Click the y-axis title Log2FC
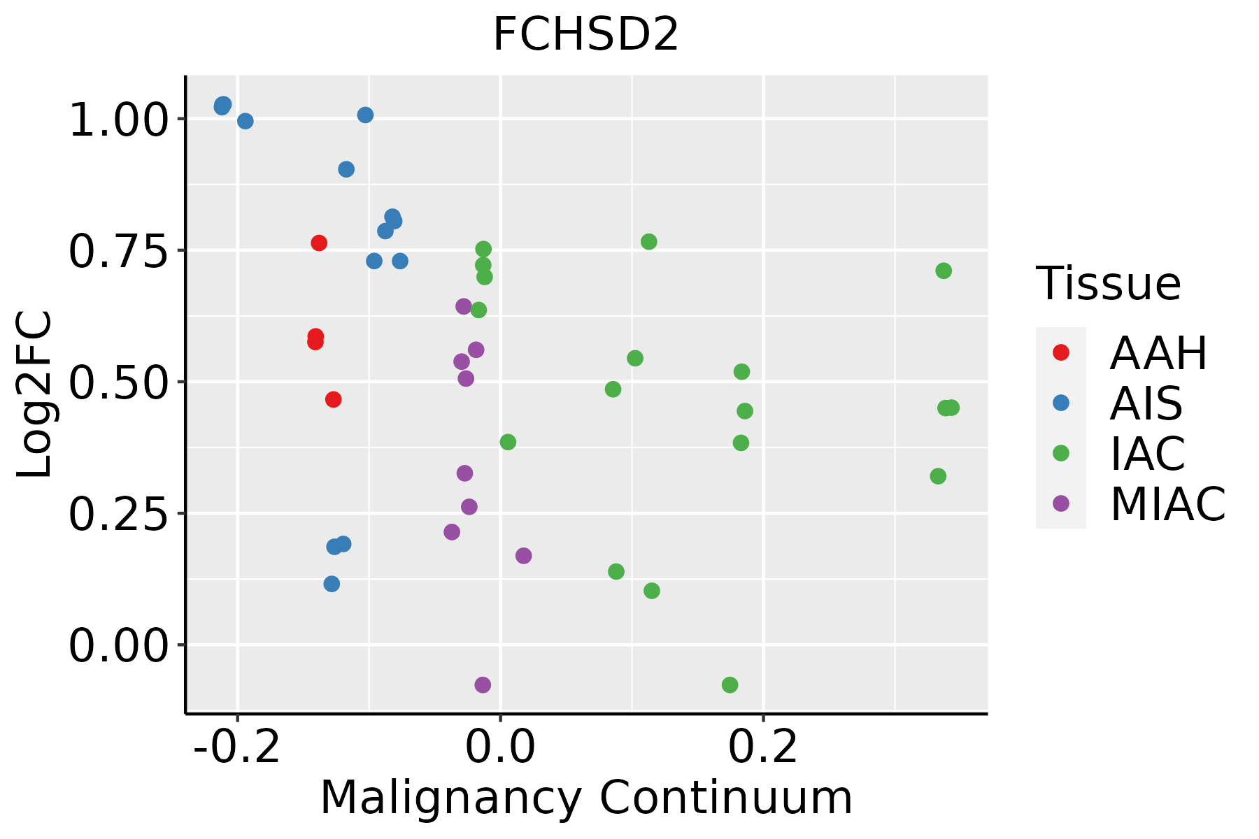[35, 395]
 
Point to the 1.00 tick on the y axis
[118, 120]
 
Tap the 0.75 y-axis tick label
[118, 252]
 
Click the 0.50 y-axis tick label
[118, 382]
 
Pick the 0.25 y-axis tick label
[118, 514]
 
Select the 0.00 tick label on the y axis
[118, 645]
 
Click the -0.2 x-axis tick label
[238, 747]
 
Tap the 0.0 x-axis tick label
[500, 747]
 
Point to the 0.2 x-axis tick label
[763, 747]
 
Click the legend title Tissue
[1109, 284]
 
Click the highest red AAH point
[319, 243]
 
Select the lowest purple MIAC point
[483, 684]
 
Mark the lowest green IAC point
[730, 684]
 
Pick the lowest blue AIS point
[332, 584]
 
